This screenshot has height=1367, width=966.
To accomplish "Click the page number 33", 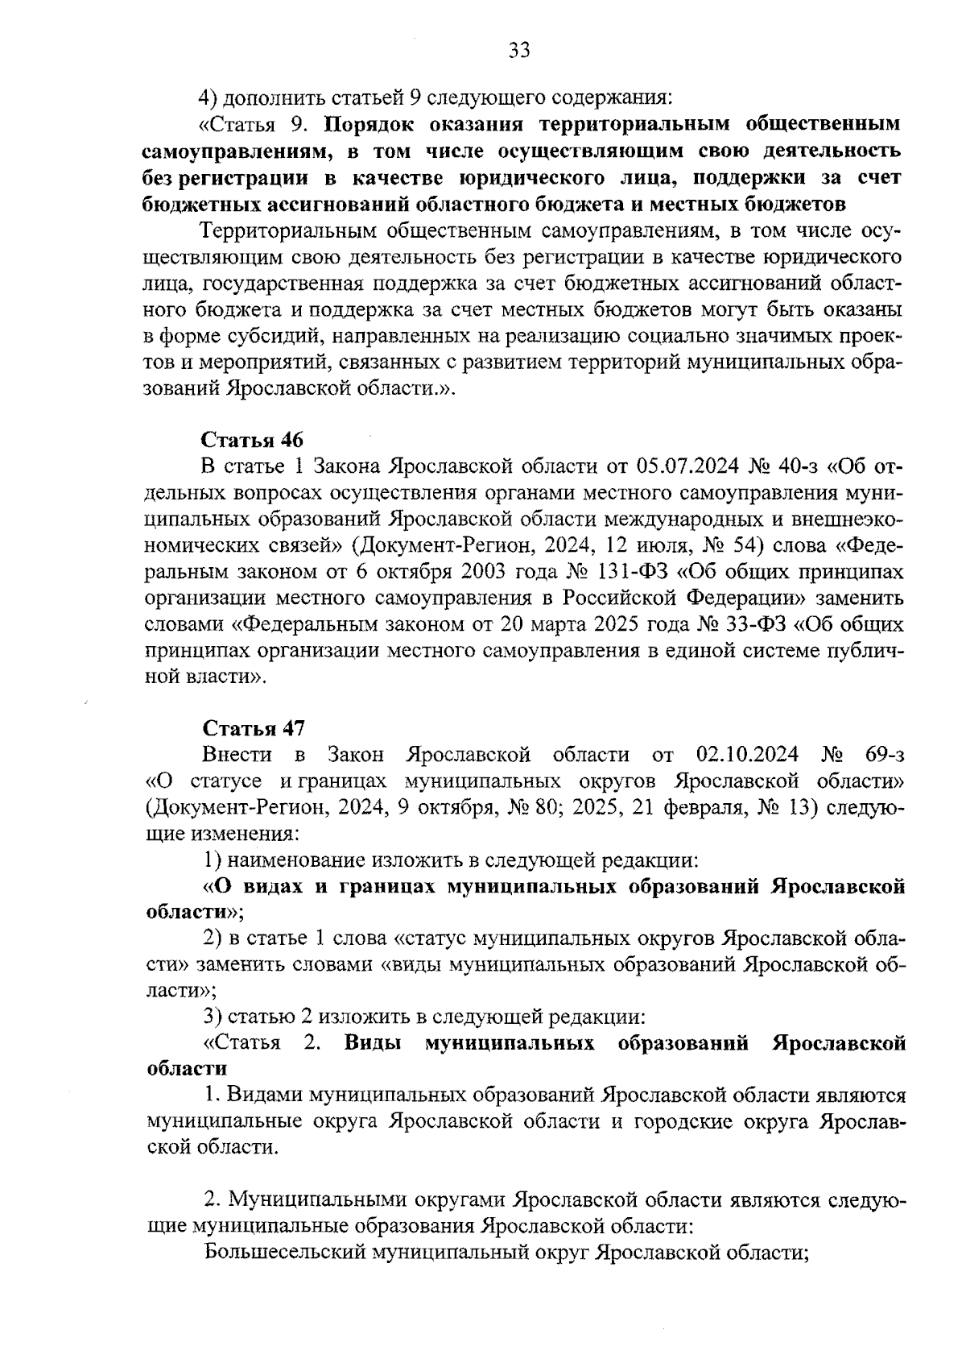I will (x=519, y=51).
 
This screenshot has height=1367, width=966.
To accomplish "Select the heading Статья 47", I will (x=252, y=728).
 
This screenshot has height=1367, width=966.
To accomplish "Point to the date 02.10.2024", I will (x=746, y=755).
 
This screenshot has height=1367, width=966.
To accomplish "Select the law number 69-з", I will (x=885, y=755).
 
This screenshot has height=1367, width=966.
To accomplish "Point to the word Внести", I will (x=238, y=755).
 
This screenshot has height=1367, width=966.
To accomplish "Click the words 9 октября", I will (x=447, y=807).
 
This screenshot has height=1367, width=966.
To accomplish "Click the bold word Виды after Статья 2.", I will (x=374, y=1043).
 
